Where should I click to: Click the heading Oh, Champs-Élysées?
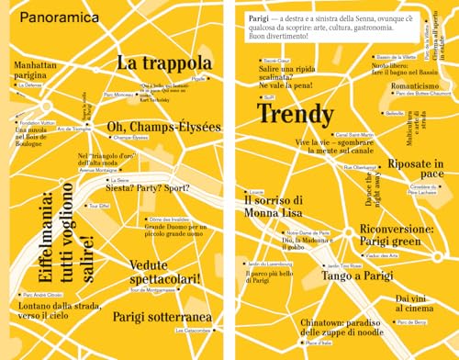click(x=163, y=126)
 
